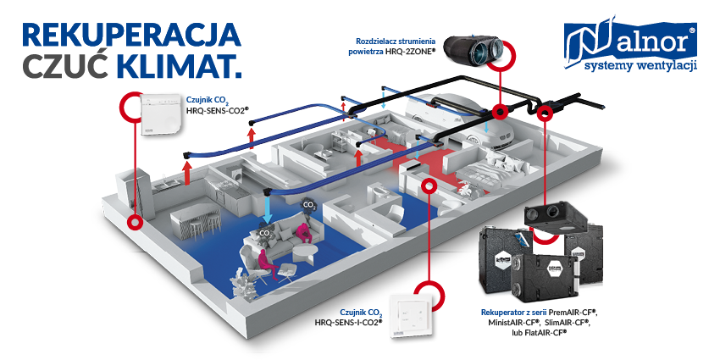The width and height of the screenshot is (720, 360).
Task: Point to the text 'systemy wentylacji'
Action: tap(640, 65)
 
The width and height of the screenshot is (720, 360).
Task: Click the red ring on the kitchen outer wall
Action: tap(133, 222)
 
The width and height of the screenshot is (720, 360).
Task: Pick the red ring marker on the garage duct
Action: tap(500, 111)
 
